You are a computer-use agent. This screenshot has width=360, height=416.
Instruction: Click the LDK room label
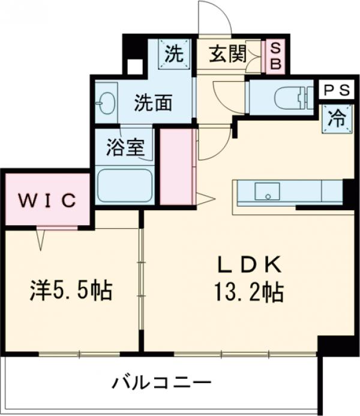pos(248,264)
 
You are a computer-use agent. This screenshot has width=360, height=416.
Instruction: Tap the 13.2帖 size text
pos(248,292)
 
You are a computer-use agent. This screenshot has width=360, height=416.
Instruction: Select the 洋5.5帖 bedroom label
pos(70,292)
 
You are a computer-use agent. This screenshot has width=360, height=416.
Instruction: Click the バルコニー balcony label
pos(161,382)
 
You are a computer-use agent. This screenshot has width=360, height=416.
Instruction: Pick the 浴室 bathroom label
pos(125,148)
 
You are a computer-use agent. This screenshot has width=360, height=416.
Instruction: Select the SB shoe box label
pos(275,56)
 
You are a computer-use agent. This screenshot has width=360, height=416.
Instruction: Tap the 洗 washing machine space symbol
pos(173,55)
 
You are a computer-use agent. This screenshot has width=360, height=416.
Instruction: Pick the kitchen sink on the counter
pos(266,192)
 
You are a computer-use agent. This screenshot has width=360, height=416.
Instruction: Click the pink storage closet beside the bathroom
pos(175,167)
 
